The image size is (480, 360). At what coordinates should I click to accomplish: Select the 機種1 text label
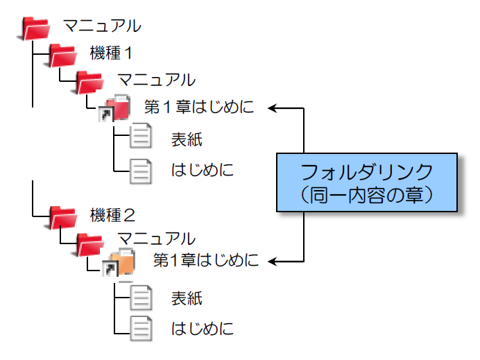111,53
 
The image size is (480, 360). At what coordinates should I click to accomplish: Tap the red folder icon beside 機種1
63,55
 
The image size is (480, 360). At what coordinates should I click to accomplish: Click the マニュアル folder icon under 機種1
89,81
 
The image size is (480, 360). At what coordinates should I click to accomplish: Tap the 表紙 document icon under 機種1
141,136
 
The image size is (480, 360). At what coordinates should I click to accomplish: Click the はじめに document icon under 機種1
141,169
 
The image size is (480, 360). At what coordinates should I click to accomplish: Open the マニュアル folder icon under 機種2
89,241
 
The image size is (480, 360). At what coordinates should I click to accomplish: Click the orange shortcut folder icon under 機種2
119,264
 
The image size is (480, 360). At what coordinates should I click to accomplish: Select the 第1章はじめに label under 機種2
206,261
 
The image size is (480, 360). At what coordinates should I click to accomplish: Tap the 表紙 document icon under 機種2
141,297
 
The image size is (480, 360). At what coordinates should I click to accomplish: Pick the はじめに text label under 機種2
202,329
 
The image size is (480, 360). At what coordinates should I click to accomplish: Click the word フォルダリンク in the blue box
367,170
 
